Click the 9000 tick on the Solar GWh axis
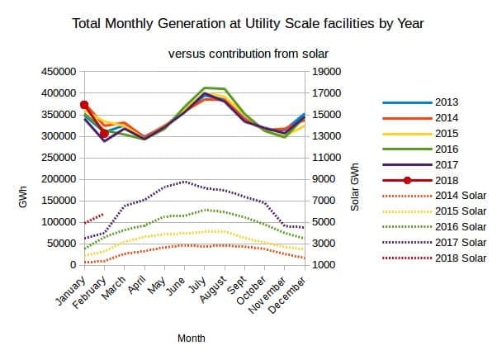click(324, 179)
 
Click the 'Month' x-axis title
click(192, 339)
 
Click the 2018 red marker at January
click(84, 105)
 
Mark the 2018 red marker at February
click(104, 133)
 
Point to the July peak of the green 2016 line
click(205, 88)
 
